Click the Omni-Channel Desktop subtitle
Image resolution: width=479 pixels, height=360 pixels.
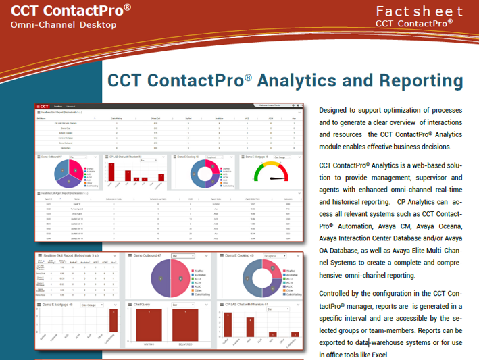[x=64, y=25]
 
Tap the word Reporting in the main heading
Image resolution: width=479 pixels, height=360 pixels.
[x=422, y=80]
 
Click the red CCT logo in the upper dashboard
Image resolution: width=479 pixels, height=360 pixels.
[x=43, y=106]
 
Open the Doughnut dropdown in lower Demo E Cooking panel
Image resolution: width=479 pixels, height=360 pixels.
[x=277, y=256]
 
